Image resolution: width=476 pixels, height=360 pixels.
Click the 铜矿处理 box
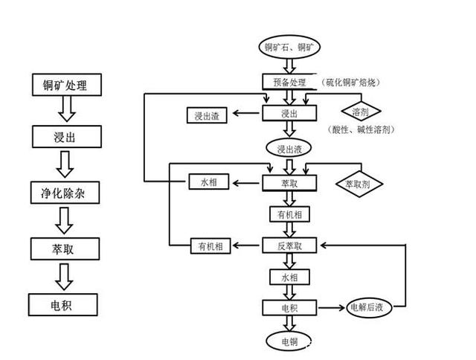[x=65, y=86]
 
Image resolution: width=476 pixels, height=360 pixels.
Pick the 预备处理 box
[x=289, y=82]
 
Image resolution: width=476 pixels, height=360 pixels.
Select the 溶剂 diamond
[x=361, y=112]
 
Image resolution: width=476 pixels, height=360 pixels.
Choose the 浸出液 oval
[x=289, y=149]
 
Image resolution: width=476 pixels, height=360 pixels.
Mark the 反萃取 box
[x=289, y=245]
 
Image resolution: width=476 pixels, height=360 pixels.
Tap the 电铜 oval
[x=289, y=341]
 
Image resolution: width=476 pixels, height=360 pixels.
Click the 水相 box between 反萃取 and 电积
[x=289, y=277]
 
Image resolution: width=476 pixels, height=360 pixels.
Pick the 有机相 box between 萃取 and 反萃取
[x=289, y=214]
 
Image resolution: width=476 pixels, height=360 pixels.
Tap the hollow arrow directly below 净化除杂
[x=65, y=219]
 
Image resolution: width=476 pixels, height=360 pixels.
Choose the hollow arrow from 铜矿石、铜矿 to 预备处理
[x=289, y=65]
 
